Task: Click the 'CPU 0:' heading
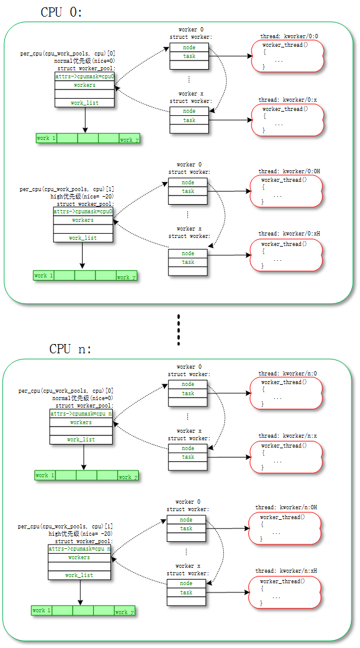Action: click(61, 12)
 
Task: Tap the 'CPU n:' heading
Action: click(70, 349)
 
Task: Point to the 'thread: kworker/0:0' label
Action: click(288, 37)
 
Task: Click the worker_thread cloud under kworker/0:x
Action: click(287, 120)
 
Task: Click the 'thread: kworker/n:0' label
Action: click(287, 374)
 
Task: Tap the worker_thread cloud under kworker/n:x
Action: click(286, 456)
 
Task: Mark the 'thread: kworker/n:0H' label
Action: click(286, 507)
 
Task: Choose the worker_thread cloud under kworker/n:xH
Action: click(284, 592)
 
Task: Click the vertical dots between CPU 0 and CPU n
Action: click(178, 330)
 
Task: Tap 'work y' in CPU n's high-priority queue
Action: click(123, 611)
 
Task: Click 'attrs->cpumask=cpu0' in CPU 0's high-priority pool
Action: click(83, 211)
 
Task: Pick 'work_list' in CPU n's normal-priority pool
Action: click(81, 440)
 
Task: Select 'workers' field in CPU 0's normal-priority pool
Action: click(84, 85)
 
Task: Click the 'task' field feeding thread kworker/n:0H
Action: click(186, 528)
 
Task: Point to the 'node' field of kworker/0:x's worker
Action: click(189, 111)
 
